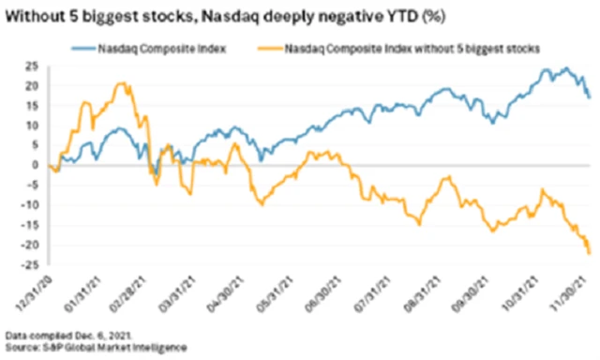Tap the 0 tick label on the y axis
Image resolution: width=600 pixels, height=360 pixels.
(22, 165)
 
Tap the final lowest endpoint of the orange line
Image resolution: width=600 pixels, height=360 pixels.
(589, 253)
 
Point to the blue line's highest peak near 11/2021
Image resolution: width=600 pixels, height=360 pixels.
(566, 68)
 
